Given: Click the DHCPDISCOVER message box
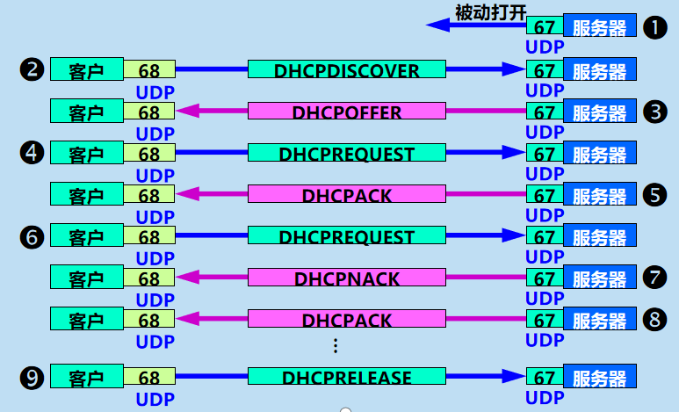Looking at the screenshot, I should [x=346, y=70].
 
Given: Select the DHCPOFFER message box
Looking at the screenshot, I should [x=346, y=112].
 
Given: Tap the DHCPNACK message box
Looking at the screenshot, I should [x=346, y=278].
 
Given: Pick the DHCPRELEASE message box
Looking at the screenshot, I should [x=346, y=378].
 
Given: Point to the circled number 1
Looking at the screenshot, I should [x=655, y=27].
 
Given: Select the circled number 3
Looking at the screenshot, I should [x=655, y=112].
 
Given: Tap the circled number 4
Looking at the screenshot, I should [x=32, y=153].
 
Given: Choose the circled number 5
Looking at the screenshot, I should [x=655, y=195].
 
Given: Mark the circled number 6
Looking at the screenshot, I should [x=32, y=236].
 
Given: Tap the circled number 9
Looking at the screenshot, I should [x=32, y=378].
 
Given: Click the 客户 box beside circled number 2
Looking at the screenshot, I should [x=86, y=70].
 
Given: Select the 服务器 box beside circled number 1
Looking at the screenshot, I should [x=600, y=26].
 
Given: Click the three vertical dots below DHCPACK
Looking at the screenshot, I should [x=335, y=346].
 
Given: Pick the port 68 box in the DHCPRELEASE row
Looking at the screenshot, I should [x=149, y=378].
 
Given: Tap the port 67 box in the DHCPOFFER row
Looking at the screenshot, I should [x=545, y=112].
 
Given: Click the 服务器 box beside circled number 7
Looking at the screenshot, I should [x=600, y=278].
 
